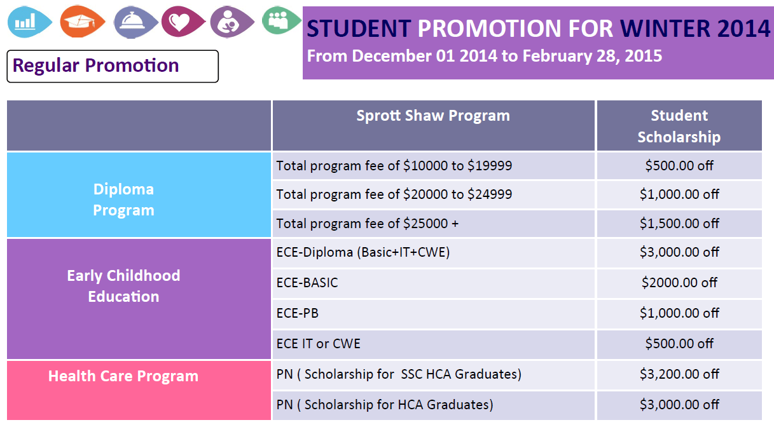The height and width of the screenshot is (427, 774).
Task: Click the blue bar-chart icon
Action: tap(29, 22)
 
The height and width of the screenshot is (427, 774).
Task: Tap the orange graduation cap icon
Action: tap(82, 22)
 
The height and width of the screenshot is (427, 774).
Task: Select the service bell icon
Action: tap(135, 22)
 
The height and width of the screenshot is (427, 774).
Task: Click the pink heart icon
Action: tap(183, 22)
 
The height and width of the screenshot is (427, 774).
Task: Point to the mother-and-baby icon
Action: tap(232, 22)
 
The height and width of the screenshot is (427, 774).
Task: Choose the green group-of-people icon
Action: tap(281, 20)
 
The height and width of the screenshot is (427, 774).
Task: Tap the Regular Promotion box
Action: tap(113, 66)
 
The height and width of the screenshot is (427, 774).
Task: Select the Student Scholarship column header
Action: tap(679, 125)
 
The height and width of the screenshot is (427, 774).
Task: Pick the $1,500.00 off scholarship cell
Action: tap(679, 224)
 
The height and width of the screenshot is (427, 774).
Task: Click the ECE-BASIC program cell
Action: tap(433, 283)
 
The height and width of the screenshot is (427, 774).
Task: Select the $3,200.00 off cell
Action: tap(679, 374)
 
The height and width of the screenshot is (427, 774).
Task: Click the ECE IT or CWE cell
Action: tap(433, 344)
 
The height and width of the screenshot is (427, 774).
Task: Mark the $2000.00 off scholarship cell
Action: tap(679, 283)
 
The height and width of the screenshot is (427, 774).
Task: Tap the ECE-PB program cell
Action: tap(433, 313)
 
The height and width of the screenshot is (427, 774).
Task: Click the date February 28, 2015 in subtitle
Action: tap(592, 56)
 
